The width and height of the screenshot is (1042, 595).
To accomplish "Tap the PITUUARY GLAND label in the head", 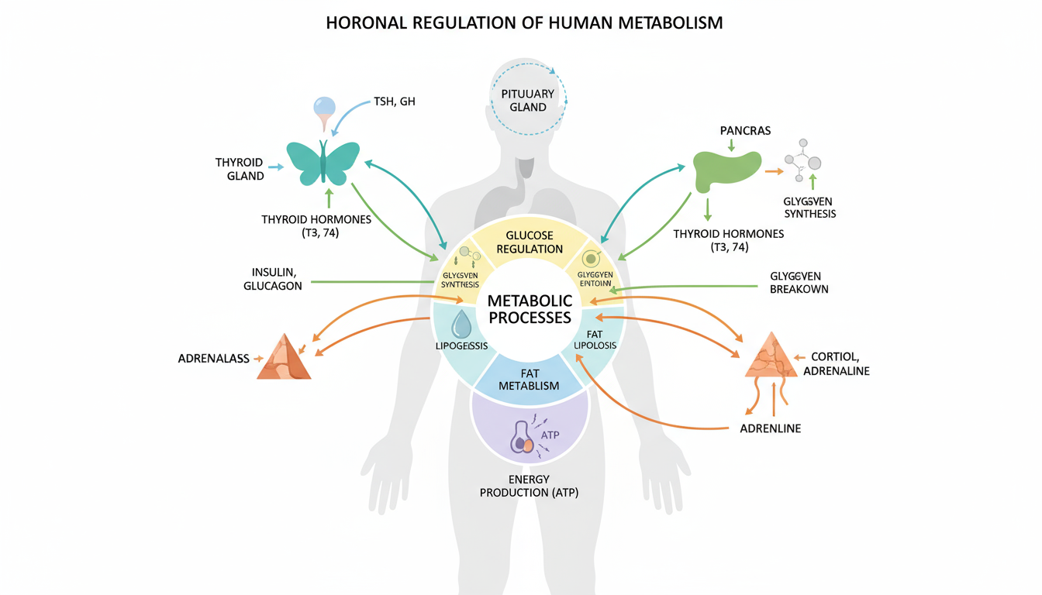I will pyautogui.click(x=528, y=100).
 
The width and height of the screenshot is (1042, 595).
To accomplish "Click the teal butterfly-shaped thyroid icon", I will pyautogui.click(x=323, y=162).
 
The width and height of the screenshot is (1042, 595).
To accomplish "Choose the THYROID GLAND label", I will pyautogui.click(x=240, y=169).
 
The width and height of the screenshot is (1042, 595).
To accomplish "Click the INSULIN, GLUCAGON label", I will pyautogui.click(x=277, y=279).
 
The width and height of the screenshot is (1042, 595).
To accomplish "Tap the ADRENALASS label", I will pyautogui.click(x=214, y=359).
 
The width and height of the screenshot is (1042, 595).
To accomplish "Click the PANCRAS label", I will pyautogui.click(x=745, y=130).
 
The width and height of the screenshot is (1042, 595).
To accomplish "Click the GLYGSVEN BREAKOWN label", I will pyautogui.click(x=799, y=282).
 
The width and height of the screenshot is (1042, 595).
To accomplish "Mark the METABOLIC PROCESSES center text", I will pyautogui.click(x=530, y=308).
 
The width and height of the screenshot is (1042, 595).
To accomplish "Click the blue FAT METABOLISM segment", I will pyautogui.click(x=530, y=379).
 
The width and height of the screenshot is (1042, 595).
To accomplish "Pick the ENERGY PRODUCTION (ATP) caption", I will pyautogui.click(x=530, y=486).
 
